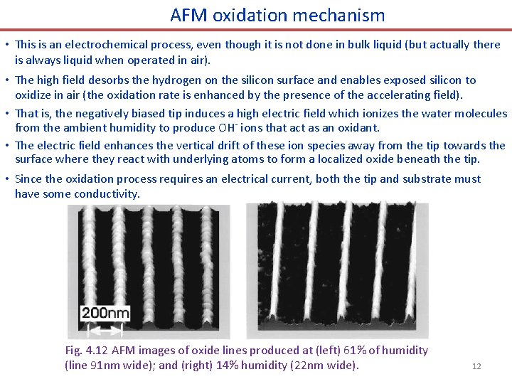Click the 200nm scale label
(106, 313)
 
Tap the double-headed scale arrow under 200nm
(106, 329)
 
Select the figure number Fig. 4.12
(84, 351)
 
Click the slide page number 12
(476, 366)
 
